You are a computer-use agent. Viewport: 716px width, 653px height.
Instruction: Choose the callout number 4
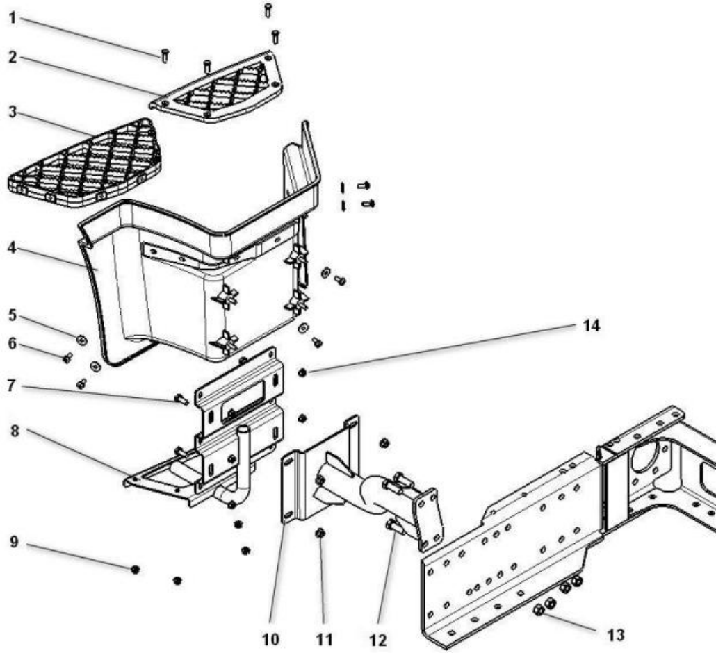[x=13, y=247]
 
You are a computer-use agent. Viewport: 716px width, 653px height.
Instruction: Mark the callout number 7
[x=13, y=384]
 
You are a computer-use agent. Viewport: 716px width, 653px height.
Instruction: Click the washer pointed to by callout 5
[x=81, y=339]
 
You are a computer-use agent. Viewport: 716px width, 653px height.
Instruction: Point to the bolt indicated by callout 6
[x=67, y=358]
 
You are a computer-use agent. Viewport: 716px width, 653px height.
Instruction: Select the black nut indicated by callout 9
[x=135, y=569]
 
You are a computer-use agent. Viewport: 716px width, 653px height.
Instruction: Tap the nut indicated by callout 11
[x=320, y=534]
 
